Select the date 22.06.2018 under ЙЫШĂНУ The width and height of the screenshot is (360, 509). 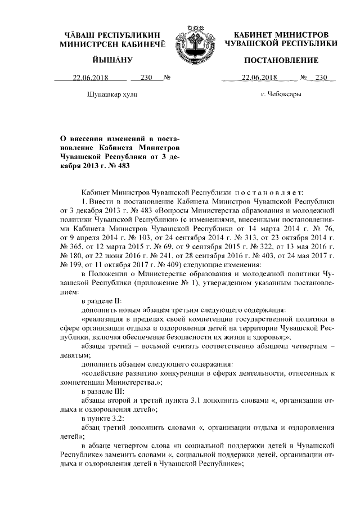(x=89, y=78)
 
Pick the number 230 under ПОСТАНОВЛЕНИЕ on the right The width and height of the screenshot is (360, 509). (x=321, y=78)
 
